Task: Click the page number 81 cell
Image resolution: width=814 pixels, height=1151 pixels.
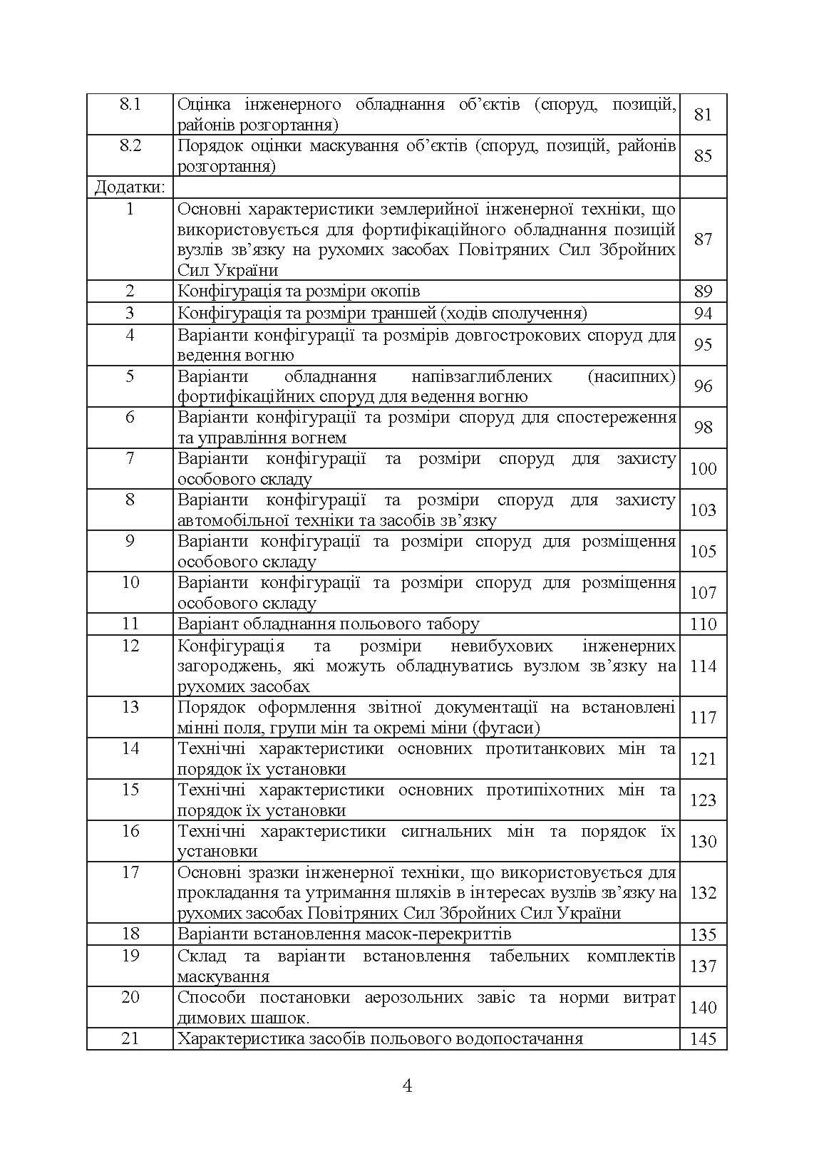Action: pyautogui.click(x=703, y=115)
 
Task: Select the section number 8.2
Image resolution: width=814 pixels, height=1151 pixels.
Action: pyautogui.click(x=130, y=146)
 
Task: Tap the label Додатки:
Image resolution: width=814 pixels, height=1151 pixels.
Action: pyautogui.click(x=130, y=187)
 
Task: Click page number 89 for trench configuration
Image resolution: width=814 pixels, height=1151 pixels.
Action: pyautogui.click(x=703, y=291)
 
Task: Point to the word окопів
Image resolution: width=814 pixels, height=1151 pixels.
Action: pyautogui.click(x=393, y=291)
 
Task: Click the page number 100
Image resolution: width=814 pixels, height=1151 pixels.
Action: pyautogui.click(x=703, y=469)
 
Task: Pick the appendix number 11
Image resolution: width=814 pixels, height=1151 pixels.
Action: pyautogui.click(x=130, y=624)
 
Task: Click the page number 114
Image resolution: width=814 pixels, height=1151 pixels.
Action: pyautogui.click(x=703, y=666)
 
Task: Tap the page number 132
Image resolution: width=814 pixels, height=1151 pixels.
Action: pyautogui.click(x=703, y=893)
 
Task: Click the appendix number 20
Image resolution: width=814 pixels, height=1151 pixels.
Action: pyautogui.click(x=130, y=997)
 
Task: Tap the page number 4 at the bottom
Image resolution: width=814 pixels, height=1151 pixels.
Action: pyautogui.click(x=408, y=1086)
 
